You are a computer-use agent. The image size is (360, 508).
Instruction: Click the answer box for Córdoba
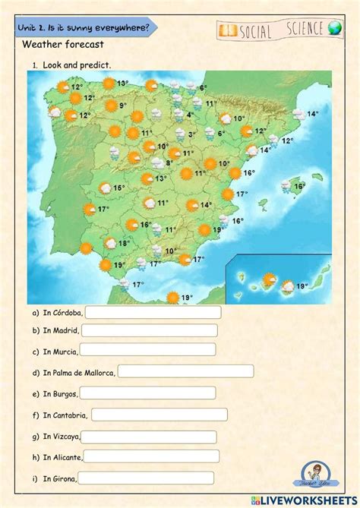tap(153, 312)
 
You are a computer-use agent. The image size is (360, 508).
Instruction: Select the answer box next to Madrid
tap(149, 330)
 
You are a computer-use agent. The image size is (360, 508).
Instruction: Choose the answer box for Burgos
tap(148, 393)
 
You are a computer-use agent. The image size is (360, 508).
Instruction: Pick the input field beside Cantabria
tap(159, 414)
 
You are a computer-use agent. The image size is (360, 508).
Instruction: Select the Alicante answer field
tap(150, 456)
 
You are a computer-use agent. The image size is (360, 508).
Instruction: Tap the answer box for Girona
tap(147, 478)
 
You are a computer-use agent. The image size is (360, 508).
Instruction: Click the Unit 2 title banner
tap(84, 27)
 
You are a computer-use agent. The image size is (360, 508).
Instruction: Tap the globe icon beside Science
tap(336, 28)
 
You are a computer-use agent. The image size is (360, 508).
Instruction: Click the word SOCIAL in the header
tap(259, 30)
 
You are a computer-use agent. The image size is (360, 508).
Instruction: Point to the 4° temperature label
tap(190, 115)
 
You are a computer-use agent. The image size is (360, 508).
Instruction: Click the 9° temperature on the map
tap(122, 106)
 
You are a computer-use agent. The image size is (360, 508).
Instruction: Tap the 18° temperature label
tap(122, 244)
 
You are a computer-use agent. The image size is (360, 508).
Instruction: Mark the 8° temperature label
tap(169, 162)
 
